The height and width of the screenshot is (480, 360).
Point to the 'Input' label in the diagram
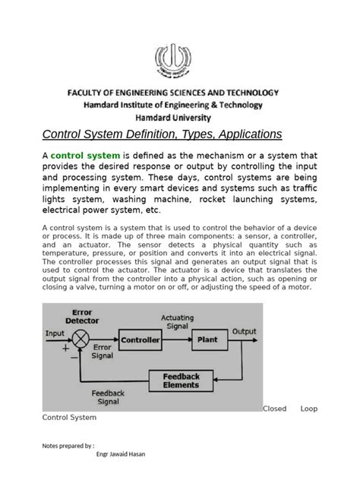coord(55,332)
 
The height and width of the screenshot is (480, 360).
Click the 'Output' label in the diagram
coord(244,332)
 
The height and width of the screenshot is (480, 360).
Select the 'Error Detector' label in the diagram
coord(82,316)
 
